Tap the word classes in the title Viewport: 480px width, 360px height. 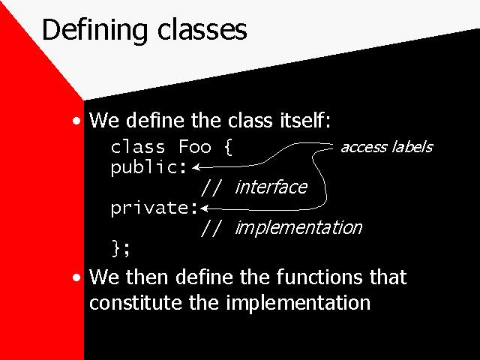202,30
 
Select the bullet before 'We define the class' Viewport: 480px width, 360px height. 76,121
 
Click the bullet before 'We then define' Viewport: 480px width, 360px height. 76,277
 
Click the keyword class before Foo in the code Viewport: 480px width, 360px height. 138,147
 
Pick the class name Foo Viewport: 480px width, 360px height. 195,147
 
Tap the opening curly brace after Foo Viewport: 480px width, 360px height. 228,148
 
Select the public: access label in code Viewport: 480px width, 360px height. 148,168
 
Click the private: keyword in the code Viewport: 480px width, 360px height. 154,208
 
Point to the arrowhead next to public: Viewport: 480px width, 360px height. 196,167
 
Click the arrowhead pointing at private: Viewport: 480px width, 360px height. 204,208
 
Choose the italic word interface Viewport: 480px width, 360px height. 271,187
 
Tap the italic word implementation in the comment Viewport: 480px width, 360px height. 298,228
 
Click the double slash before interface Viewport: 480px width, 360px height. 211,187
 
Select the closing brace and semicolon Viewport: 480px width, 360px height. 121,248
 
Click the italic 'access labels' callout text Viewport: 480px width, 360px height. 387,147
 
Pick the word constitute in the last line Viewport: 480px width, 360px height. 136,303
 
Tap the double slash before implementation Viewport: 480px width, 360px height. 211,228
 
